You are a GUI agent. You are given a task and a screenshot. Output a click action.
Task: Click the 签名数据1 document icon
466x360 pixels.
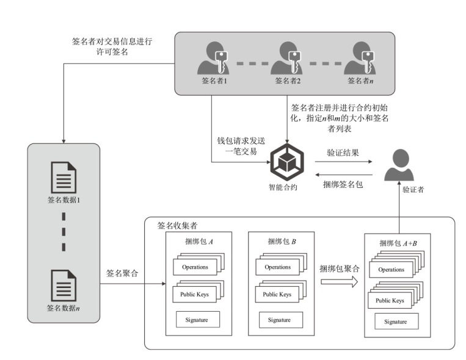point(64,178)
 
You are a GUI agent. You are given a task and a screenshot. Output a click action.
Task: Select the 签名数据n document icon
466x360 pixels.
point(64,286)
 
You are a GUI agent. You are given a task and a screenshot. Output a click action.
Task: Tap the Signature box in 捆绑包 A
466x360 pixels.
point(197,319)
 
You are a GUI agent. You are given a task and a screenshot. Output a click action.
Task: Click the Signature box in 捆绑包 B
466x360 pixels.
point(279,319)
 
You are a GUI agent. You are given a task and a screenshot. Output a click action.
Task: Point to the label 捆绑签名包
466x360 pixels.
point(343,183)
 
